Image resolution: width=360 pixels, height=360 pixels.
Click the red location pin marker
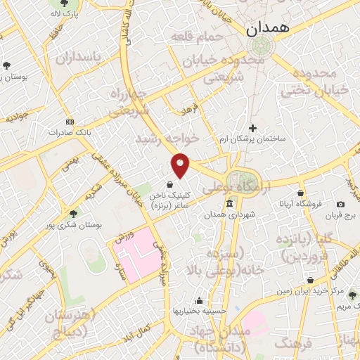(181, 164)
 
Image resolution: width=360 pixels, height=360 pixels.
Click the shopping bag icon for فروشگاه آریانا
(302, 193)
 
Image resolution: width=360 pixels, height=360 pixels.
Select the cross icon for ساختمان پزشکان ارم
(253, 127)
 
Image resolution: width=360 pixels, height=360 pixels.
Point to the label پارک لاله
(65, 13)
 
